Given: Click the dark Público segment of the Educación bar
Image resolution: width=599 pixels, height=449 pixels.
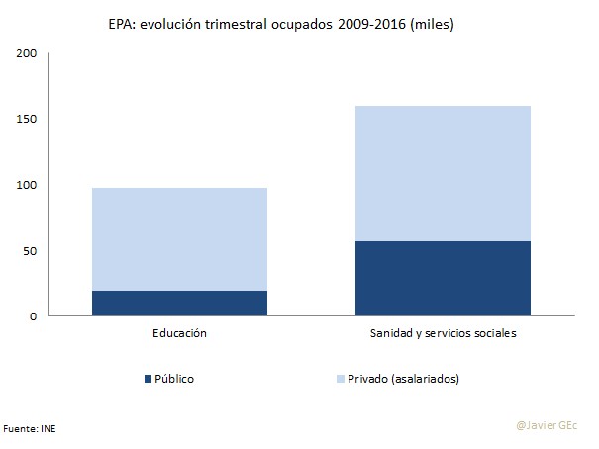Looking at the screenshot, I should [179, 303].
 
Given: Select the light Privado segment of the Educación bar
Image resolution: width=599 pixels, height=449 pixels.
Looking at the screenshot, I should [179, 238].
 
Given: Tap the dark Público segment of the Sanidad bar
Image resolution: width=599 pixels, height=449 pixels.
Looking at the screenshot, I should [443, 278].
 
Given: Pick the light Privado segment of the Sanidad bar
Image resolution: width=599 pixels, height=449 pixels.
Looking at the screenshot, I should [443, 173].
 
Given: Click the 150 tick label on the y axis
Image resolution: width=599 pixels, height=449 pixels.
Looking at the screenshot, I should [27, 120].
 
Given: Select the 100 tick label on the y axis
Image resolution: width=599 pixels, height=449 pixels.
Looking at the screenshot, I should [27, 185].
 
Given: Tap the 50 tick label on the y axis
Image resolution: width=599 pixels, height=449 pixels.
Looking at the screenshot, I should [30, 251].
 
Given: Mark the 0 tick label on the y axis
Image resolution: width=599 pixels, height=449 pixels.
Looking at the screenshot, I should [33, 316].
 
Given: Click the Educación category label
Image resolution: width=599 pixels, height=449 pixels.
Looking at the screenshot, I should [179, 334].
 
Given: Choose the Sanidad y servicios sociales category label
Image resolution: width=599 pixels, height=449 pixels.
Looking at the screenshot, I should [443, 334].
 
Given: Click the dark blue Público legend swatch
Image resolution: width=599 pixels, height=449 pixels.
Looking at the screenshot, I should [148, 378].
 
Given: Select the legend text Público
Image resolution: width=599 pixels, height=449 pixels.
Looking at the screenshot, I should [174, 378].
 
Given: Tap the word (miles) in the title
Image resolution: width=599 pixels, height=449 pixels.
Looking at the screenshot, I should [433, 25].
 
